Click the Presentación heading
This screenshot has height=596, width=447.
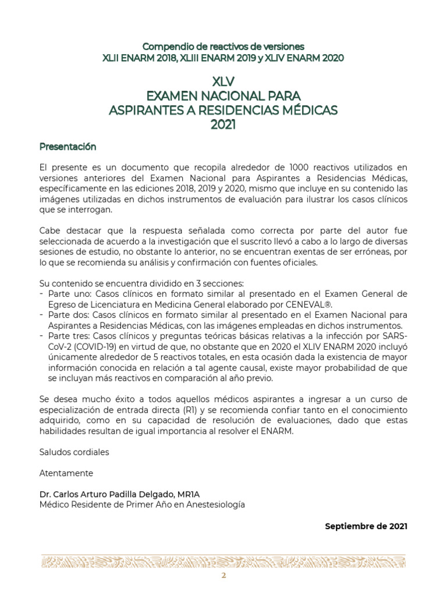(x=68, y=146)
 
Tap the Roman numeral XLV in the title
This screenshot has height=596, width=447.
(x=223, y=81)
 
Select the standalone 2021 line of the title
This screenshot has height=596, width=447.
(x=223, y=123)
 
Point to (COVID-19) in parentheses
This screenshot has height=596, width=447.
(x=90, y=347)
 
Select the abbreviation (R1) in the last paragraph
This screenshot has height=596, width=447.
(x=190, y=409)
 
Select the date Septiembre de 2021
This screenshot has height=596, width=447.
(x=366, y=526)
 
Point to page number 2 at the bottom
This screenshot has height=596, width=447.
(x=223, y=576)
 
